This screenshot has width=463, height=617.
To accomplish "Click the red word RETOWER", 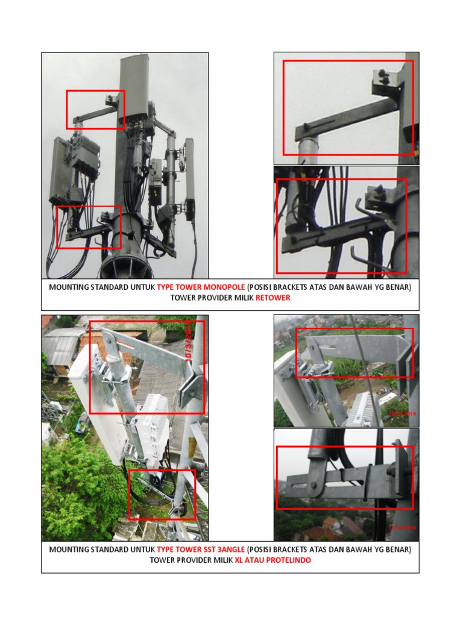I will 272,298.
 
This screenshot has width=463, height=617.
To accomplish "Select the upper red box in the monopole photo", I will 95,109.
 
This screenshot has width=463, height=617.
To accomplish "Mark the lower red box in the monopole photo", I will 89,227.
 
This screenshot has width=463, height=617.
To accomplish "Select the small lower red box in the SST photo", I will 162,494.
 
